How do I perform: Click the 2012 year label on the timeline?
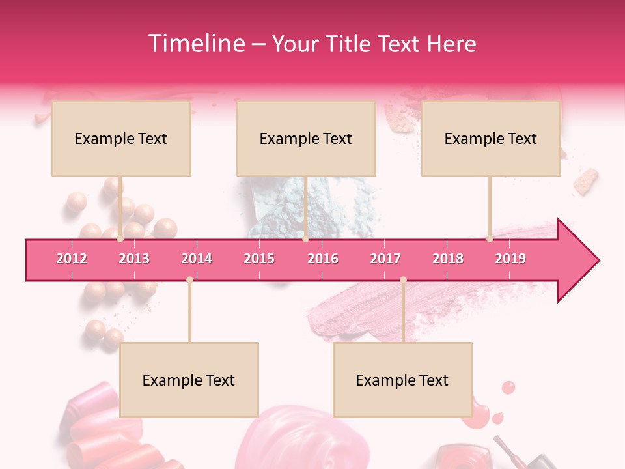point(72,259)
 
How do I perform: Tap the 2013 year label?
point(134,259)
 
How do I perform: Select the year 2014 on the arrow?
point(197,259)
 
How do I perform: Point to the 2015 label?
point(259,259)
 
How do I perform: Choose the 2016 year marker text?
point(323,259)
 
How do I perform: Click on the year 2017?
point(385,259)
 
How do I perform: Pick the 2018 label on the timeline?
point(448,259)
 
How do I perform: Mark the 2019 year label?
point(510,259)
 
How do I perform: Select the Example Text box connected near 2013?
point(121,138)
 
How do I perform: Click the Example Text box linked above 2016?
point(306,138)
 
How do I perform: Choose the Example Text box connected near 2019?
point(491,138)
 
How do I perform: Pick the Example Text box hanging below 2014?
point(189,380)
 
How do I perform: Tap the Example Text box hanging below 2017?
point(402,380)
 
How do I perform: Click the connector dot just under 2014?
point(189,280)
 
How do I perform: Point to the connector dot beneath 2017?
point(403,280)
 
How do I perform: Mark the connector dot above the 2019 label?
point(490,239)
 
